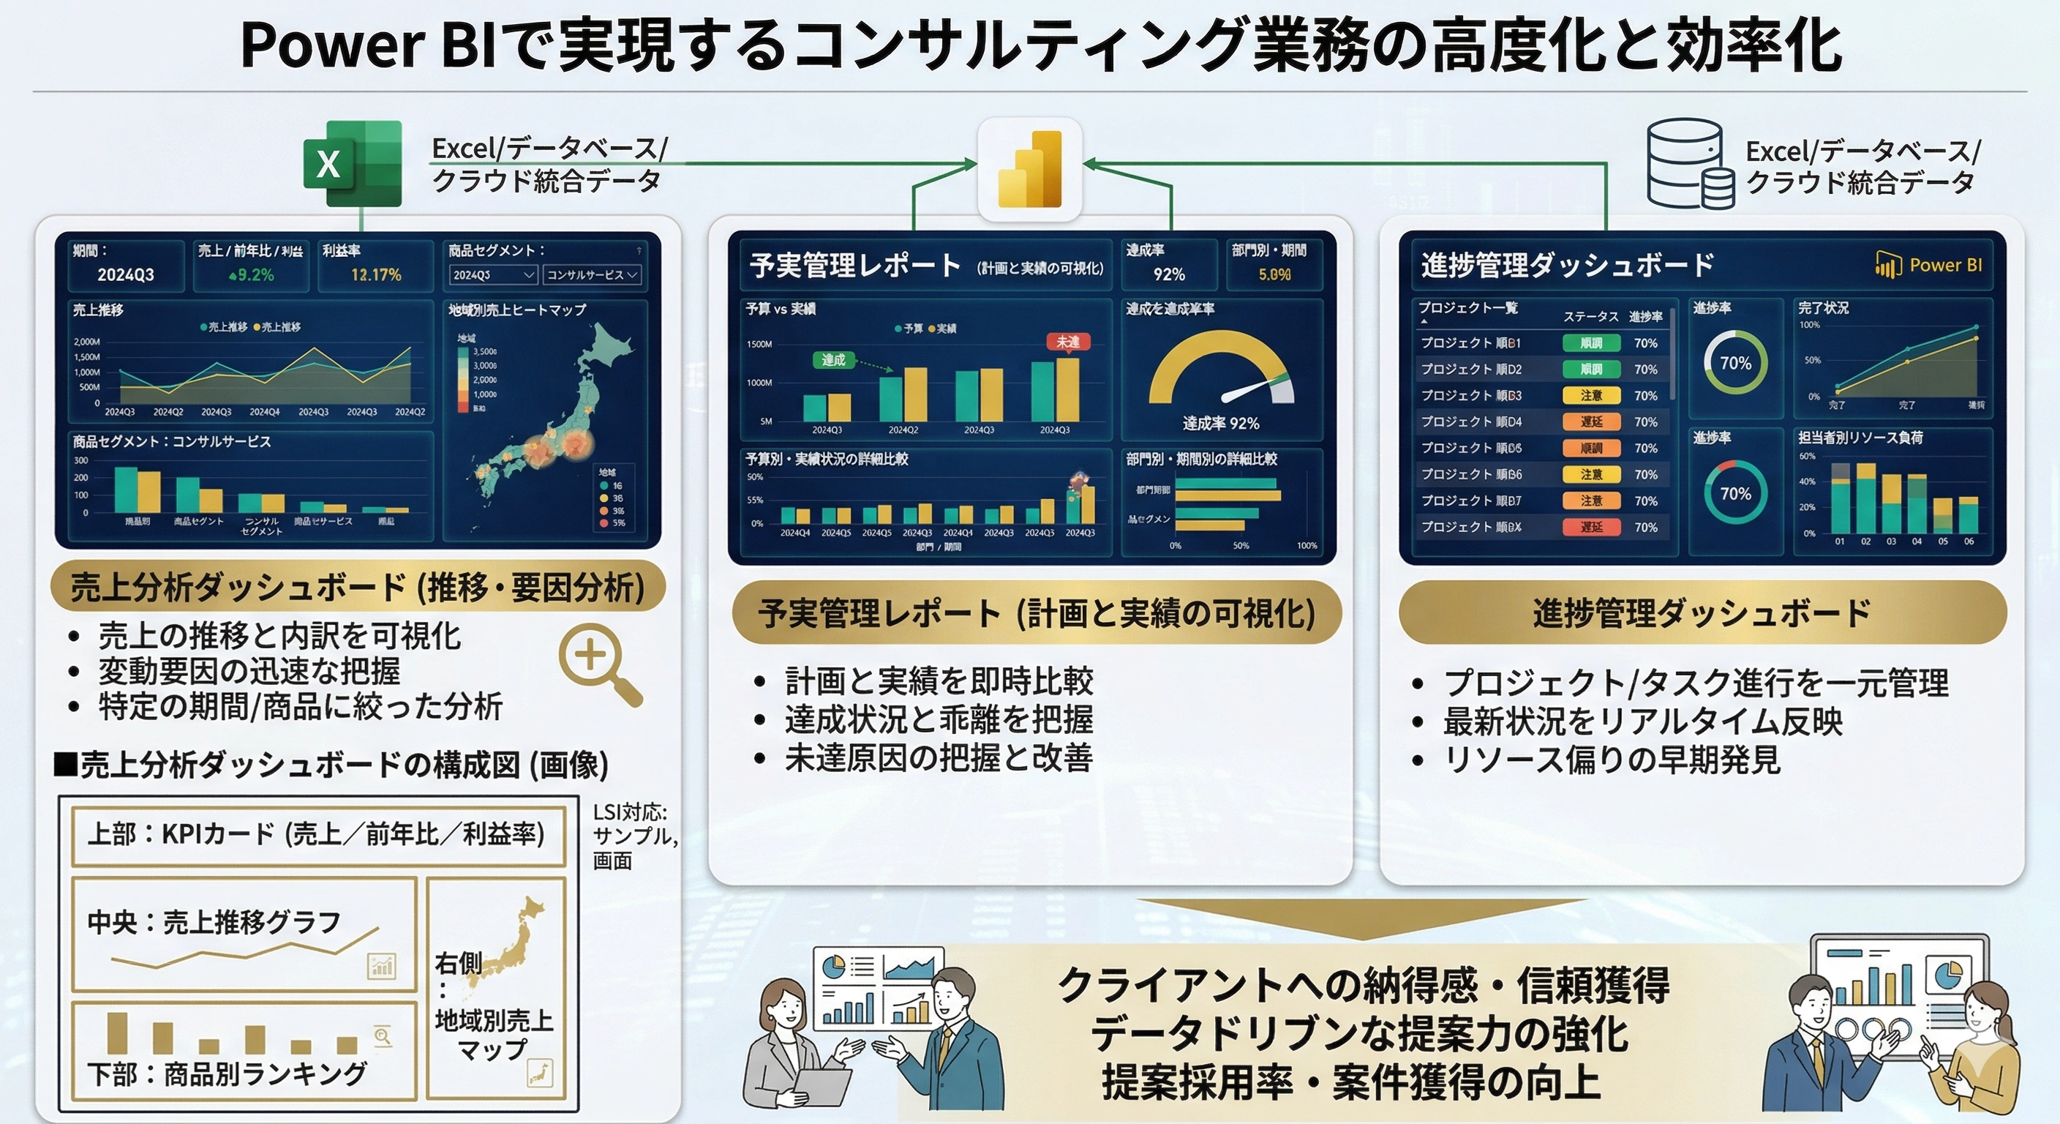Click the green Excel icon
tap(353, 163)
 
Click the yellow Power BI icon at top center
tap(1030, 169)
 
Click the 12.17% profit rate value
tap(376, 274)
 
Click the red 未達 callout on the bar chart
tap(1068, 342)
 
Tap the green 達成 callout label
tap(833, 360)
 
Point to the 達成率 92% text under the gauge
tap(1220, 423)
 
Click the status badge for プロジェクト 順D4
tap(1590, 421)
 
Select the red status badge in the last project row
tap(1590, 527)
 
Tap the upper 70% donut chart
tap(1734, 363)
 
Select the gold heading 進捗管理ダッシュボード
tap(1702, 612)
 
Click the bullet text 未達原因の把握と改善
tap(938, 757)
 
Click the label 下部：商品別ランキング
tap(227, 1074)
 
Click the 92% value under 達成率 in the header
tap(1168, 274)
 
